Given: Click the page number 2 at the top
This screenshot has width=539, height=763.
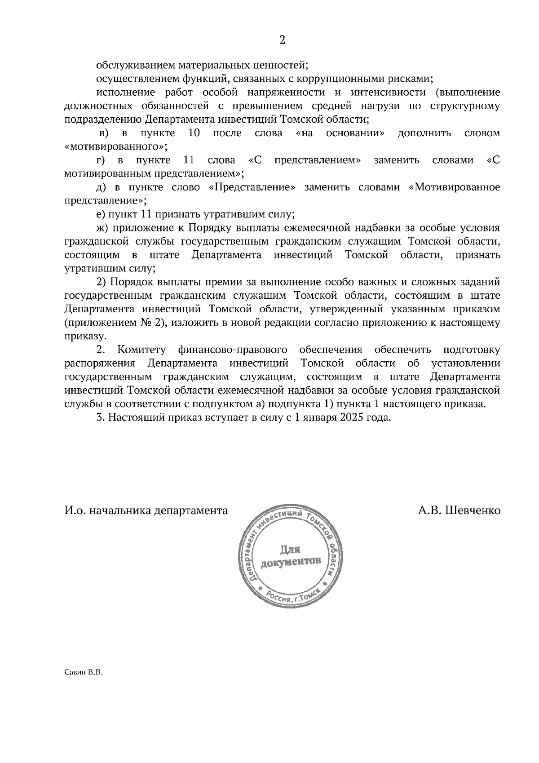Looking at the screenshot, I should pyautogui.click(x=282, y=40).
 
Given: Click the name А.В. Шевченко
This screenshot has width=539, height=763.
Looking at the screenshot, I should pyautogui.click(x=459, y=510).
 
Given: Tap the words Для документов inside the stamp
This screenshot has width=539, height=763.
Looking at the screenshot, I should pyautogui.click(x=290, y=556).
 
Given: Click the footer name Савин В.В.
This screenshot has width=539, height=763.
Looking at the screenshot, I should pyautogui.click(x=84, y=673).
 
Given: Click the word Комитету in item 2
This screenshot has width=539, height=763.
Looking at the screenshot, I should pyautogui.click(x=141, y=350).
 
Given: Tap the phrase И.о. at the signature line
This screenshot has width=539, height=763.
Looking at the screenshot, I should pyautogui.click(x=74, y=510).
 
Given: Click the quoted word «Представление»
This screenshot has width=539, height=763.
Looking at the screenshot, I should pyautogui.click(x=252, y=187).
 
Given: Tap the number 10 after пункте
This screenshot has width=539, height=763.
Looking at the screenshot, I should pyautogui.click(x=194, y=133).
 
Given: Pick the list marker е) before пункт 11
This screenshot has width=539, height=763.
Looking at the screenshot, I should pyautogui.click(x=101, y=214).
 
